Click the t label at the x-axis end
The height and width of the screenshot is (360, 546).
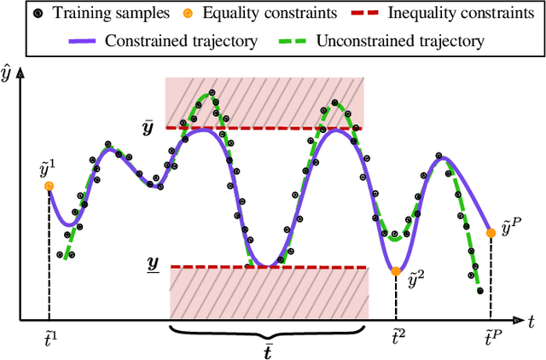pos(531,322)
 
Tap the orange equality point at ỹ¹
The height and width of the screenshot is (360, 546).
pos(49,186)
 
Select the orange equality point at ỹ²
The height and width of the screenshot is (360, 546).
pos(396,272)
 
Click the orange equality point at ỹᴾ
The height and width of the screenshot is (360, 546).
pos(491,232)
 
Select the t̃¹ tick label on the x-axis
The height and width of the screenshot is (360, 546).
pos(49,340)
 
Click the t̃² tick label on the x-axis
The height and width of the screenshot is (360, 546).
pos(397,340)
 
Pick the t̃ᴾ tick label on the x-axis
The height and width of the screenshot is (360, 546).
pos(491,340)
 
